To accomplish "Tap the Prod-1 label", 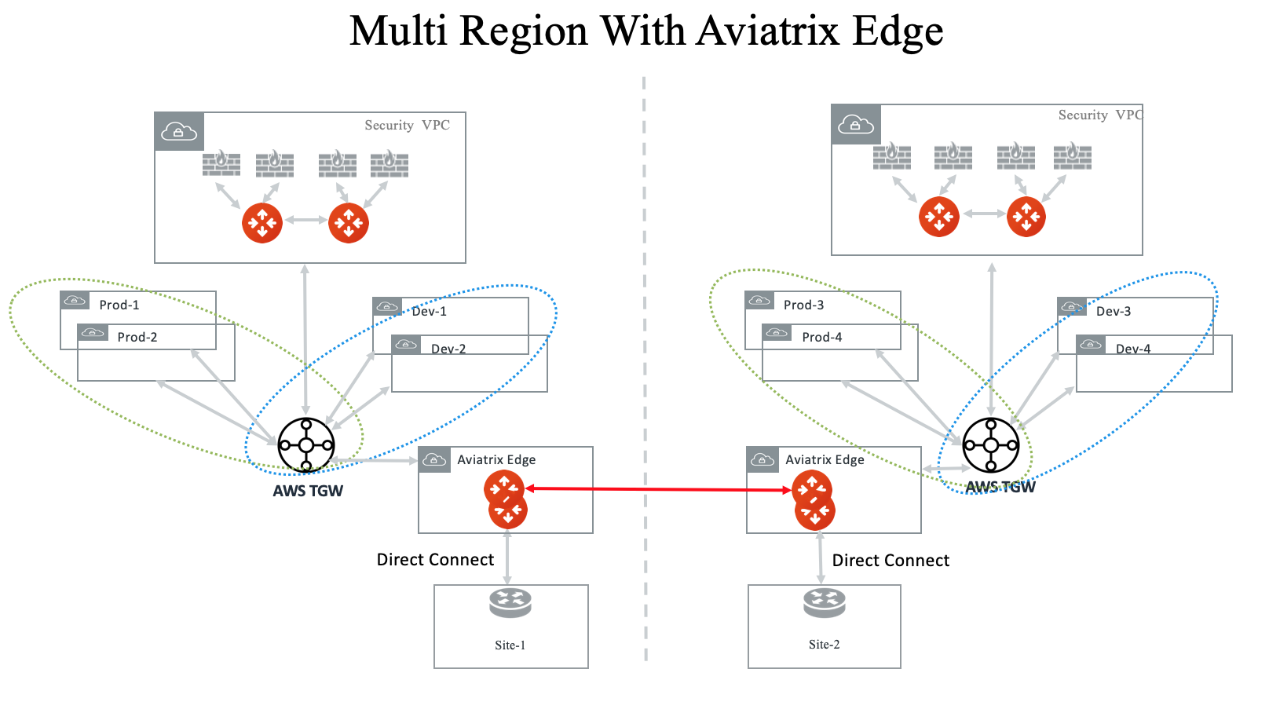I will click(119, 305).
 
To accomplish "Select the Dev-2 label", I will click(448, 349).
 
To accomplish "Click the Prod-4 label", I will click(822, 337).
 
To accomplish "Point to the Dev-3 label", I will click(1114, 311).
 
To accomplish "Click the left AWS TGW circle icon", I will click(306, 445).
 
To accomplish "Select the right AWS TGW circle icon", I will click(991, 445).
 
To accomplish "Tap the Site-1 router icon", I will click(510, 603).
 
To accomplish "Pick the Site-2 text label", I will click(825, 644).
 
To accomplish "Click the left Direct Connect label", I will click(435, 559).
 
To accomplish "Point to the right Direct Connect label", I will click(890, 560).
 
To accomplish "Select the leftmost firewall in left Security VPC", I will click(221, 163).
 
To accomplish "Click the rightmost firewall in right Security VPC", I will click(1073, 156).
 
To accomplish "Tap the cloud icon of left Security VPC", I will click(179, 131).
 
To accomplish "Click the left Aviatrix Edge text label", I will click(496, 459).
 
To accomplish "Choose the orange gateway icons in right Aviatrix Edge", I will click(814, 500).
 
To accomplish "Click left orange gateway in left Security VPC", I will click(262, 223).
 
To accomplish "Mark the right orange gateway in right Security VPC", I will click(1026, 217).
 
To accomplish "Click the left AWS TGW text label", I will click(308, 491).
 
